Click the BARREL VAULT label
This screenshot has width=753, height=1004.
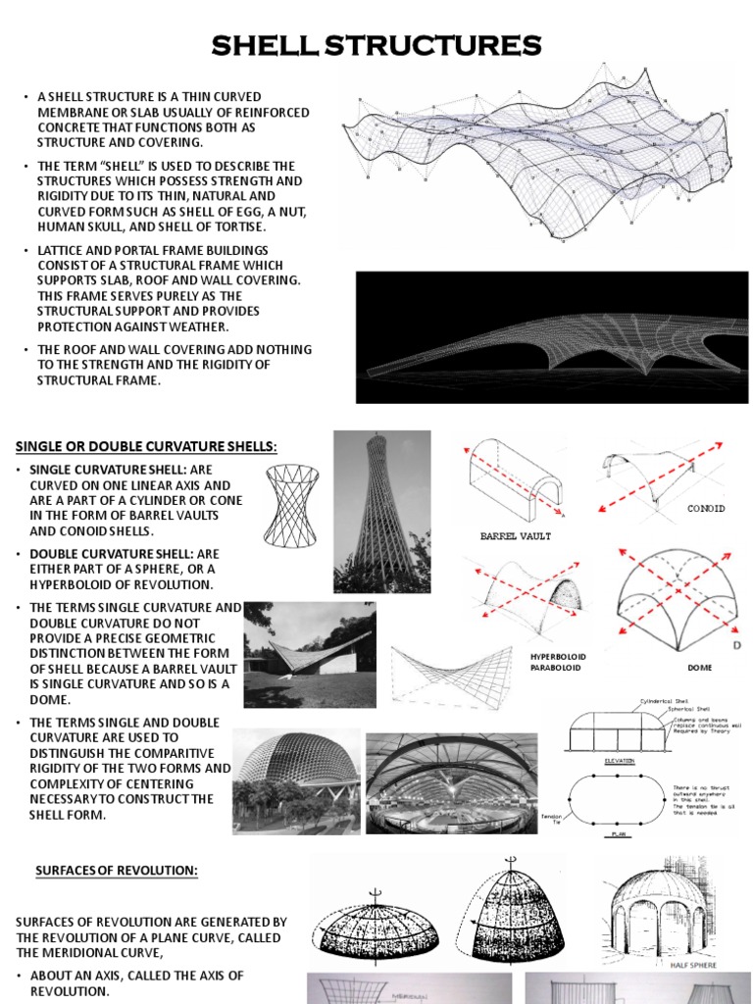tap(515, 536)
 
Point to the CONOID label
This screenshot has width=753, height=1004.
tap(706, 509)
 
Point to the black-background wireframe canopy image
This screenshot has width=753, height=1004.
tap(551, 337)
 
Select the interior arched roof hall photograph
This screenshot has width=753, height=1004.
tap(451, 782)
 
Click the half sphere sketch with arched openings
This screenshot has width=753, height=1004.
tap(658, 912)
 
